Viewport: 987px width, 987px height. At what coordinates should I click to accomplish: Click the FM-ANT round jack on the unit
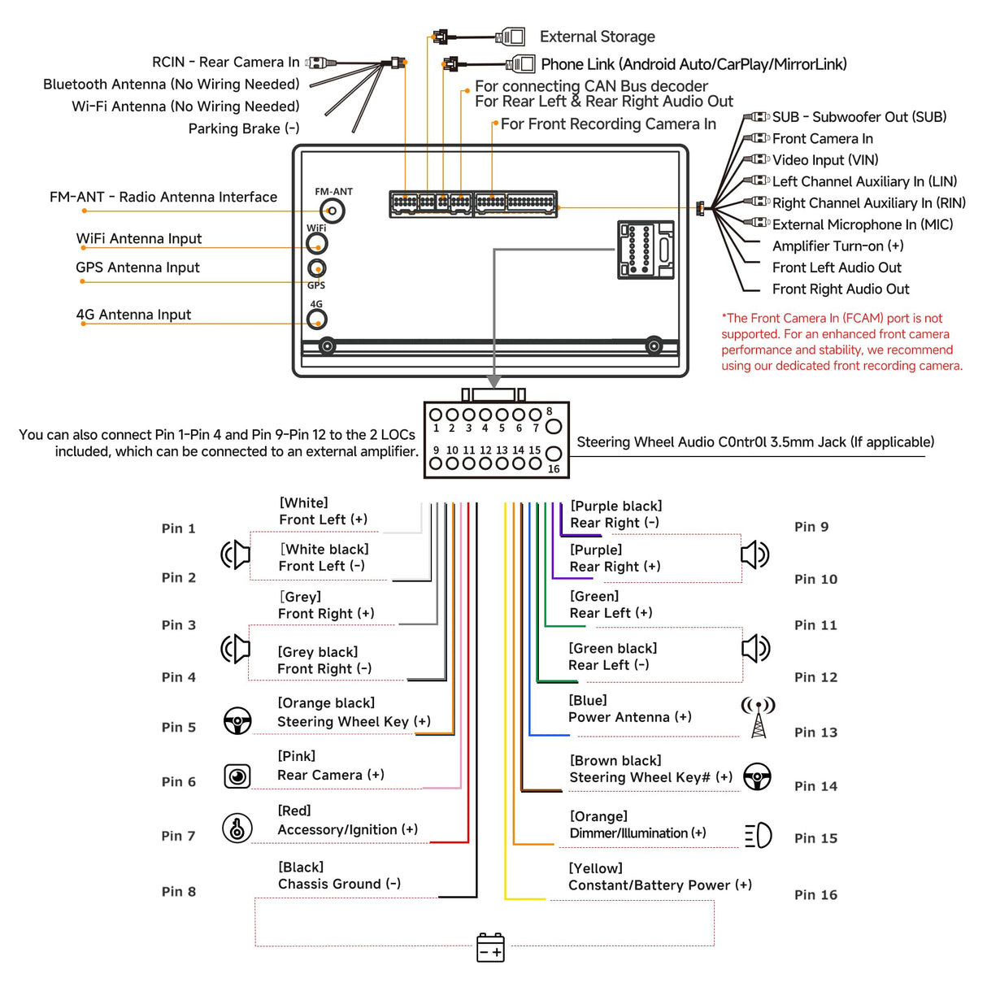pyautogui.click(x=333, y=211)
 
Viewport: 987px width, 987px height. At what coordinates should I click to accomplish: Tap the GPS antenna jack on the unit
pyautogui.click(x=317, y=267)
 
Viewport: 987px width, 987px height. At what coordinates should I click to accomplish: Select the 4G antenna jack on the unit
pyautogui.click(x=317, y=320)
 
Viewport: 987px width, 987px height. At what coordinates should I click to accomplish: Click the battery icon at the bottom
pyautogui.click(x=490, y=947)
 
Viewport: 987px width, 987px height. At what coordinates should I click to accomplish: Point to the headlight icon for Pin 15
pyautogui.click(x=759, y=835)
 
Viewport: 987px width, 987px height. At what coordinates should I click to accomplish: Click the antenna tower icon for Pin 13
pyautogui.click(x=758, y=717)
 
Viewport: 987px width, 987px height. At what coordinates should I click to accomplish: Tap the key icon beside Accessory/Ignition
pyautogui.click(x=237, y=828)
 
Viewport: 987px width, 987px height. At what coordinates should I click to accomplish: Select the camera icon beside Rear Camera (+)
pyautogui.click(x=237, y=776)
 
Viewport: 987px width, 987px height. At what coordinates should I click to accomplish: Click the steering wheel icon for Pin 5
pyautogui.click(x=237, y=720)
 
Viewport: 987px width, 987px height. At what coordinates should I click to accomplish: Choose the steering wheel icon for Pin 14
pyautogui.click(x=757, y=777)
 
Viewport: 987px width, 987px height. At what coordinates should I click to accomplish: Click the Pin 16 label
pyautogui.click(x=815, y=894)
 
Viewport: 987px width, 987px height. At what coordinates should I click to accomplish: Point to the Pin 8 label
pyautogui.click(x=179, y=891)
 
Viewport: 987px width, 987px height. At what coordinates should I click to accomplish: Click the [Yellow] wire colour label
pyautogui.click(x=595, y=868)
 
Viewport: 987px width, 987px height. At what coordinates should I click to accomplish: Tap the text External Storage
pyautogui.click(x=597, y=37)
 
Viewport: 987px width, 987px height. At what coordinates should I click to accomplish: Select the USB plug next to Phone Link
pyautogui.click(x=520, y=63)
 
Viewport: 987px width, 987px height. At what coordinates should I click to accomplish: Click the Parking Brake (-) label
pyautogui.click(x=244, y=128)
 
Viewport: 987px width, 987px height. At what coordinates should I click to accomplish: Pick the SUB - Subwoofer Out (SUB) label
pyautogui.click(x=859, y=117)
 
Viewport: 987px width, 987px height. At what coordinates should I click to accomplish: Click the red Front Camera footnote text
pyautogui.click(x=841, y=342)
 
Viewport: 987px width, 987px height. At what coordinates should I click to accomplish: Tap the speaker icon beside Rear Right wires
pyautogui.click(x=754, y=554)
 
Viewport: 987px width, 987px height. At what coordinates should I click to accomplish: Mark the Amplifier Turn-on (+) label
pyautogui.click(x=837, y=246)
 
